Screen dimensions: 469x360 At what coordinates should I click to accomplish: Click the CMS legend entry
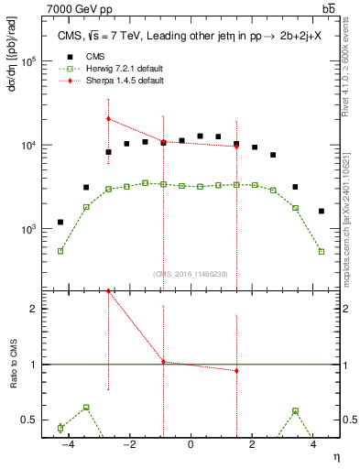coord(85,56)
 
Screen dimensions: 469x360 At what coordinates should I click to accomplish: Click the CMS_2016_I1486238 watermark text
coord(191,274)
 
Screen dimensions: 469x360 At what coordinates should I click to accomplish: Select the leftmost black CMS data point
coord(60,222)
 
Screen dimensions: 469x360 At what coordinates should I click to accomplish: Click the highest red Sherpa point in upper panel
coord(108,118)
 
